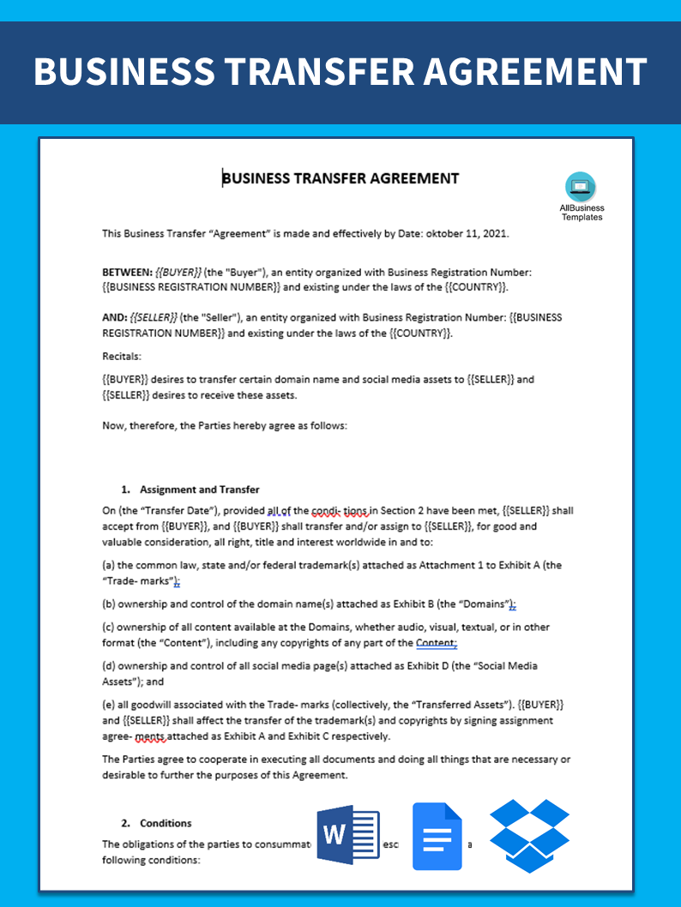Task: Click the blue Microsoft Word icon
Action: (x=348, y=836)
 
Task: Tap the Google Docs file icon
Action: (x=437, y=836)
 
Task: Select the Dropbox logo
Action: (x=529, y=835)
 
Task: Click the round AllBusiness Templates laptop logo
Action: (x=581, y=187)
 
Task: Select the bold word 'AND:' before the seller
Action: (x=115, y=317)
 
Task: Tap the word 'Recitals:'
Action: (x=122, y=356)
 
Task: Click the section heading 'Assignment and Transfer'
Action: (x=200, y=490)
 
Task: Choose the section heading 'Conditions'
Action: (x=166, y=823)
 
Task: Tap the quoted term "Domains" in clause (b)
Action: (x=485, y=604)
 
